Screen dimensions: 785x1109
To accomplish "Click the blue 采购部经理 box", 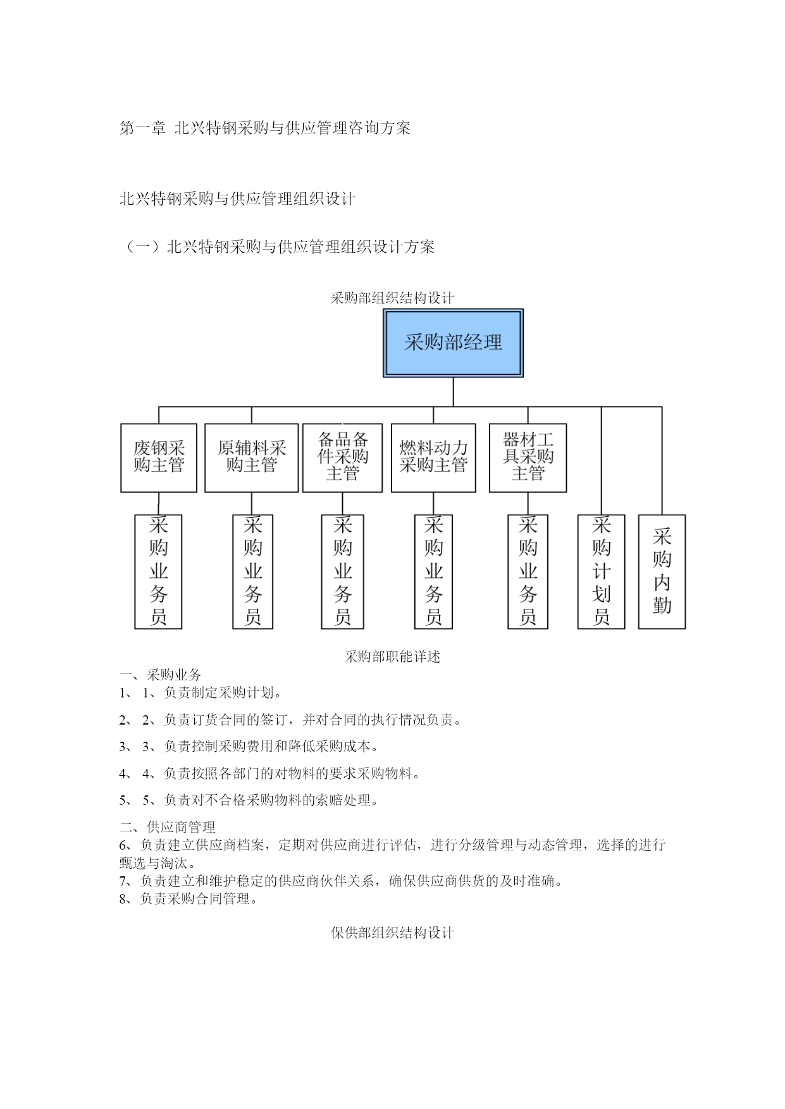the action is (x=453, y=343).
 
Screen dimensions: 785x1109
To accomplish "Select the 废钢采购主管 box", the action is (x=159, y=458).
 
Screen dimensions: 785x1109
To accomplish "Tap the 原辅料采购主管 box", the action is (x=252, y=458).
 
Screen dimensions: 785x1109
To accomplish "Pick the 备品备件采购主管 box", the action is (x=342, y=458).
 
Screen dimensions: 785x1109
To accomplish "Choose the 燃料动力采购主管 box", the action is (x=433, y=458).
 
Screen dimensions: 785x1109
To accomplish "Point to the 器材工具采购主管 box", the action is (x=528, y=458).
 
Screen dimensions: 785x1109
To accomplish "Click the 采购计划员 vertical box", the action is (x=601, y=572).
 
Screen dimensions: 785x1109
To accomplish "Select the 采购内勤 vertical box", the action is (x=662, y=572).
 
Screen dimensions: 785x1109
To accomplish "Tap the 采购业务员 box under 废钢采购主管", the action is (x=158, y=572).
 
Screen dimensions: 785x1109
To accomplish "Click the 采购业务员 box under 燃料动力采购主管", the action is (x=433, y=572).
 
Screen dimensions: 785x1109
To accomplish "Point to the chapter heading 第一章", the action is (x=142, y=128).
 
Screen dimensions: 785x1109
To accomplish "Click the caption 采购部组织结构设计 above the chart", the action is (x=392, y=298).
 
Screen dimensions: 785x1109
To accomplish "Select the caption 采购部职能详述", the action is (x=392, y=656).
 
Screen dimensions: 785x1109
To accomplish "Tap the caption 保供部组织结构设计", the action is (x=392, y=933).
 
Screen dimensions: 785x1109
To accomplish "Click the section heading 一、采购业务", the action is (x=161, y=675).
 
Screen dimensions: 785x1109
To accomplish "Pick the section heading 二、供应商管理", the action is (x=168, y=827).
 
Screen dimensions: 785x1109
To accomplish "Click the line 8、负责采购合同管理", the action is (x=189, y=898).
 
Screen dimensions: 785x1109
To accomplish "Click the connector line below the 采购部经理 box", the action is (x=453, y=392).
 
